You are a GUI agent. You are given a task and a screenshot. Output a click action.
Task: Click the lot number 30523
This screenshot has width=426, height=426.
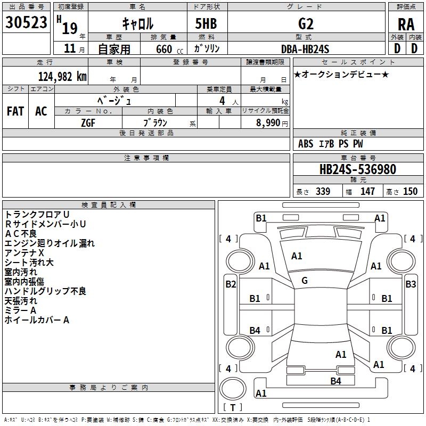tap(27, 23)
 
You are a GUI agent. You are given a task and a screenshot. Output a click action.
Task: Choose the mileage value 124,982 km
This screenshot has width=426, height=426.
tap(62, 77)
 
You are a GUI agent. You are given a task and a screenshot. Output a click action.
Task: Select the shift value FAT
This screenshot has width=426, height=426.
tap(15, 111)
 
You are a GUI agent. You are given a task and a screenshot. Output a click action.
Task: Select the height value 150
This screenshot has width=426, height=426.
tap(410, 192)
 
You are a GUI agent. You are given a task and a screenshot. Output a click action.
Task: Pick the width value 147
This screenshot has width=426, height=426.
tap(367, 192)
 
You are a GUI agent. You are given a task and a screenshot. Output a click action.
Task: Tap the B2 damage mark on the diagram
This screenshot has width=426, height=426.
tap(231, 284)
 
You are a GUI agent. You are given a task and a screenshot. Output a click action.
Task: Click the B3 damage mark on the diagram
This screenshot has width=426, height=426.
tap(411, 284)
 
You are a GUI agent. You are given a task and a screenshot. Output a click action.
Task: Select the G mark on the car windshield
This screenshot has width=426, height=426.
tap(305, 281)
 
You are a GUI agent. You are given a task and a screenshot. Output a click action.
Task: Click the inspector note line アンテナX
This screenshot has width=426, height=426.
tap(24, 253)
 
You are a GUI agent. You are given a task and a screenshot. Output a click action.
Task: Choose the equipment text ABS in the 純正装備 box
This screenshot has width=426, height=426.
tap(306, 144)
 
